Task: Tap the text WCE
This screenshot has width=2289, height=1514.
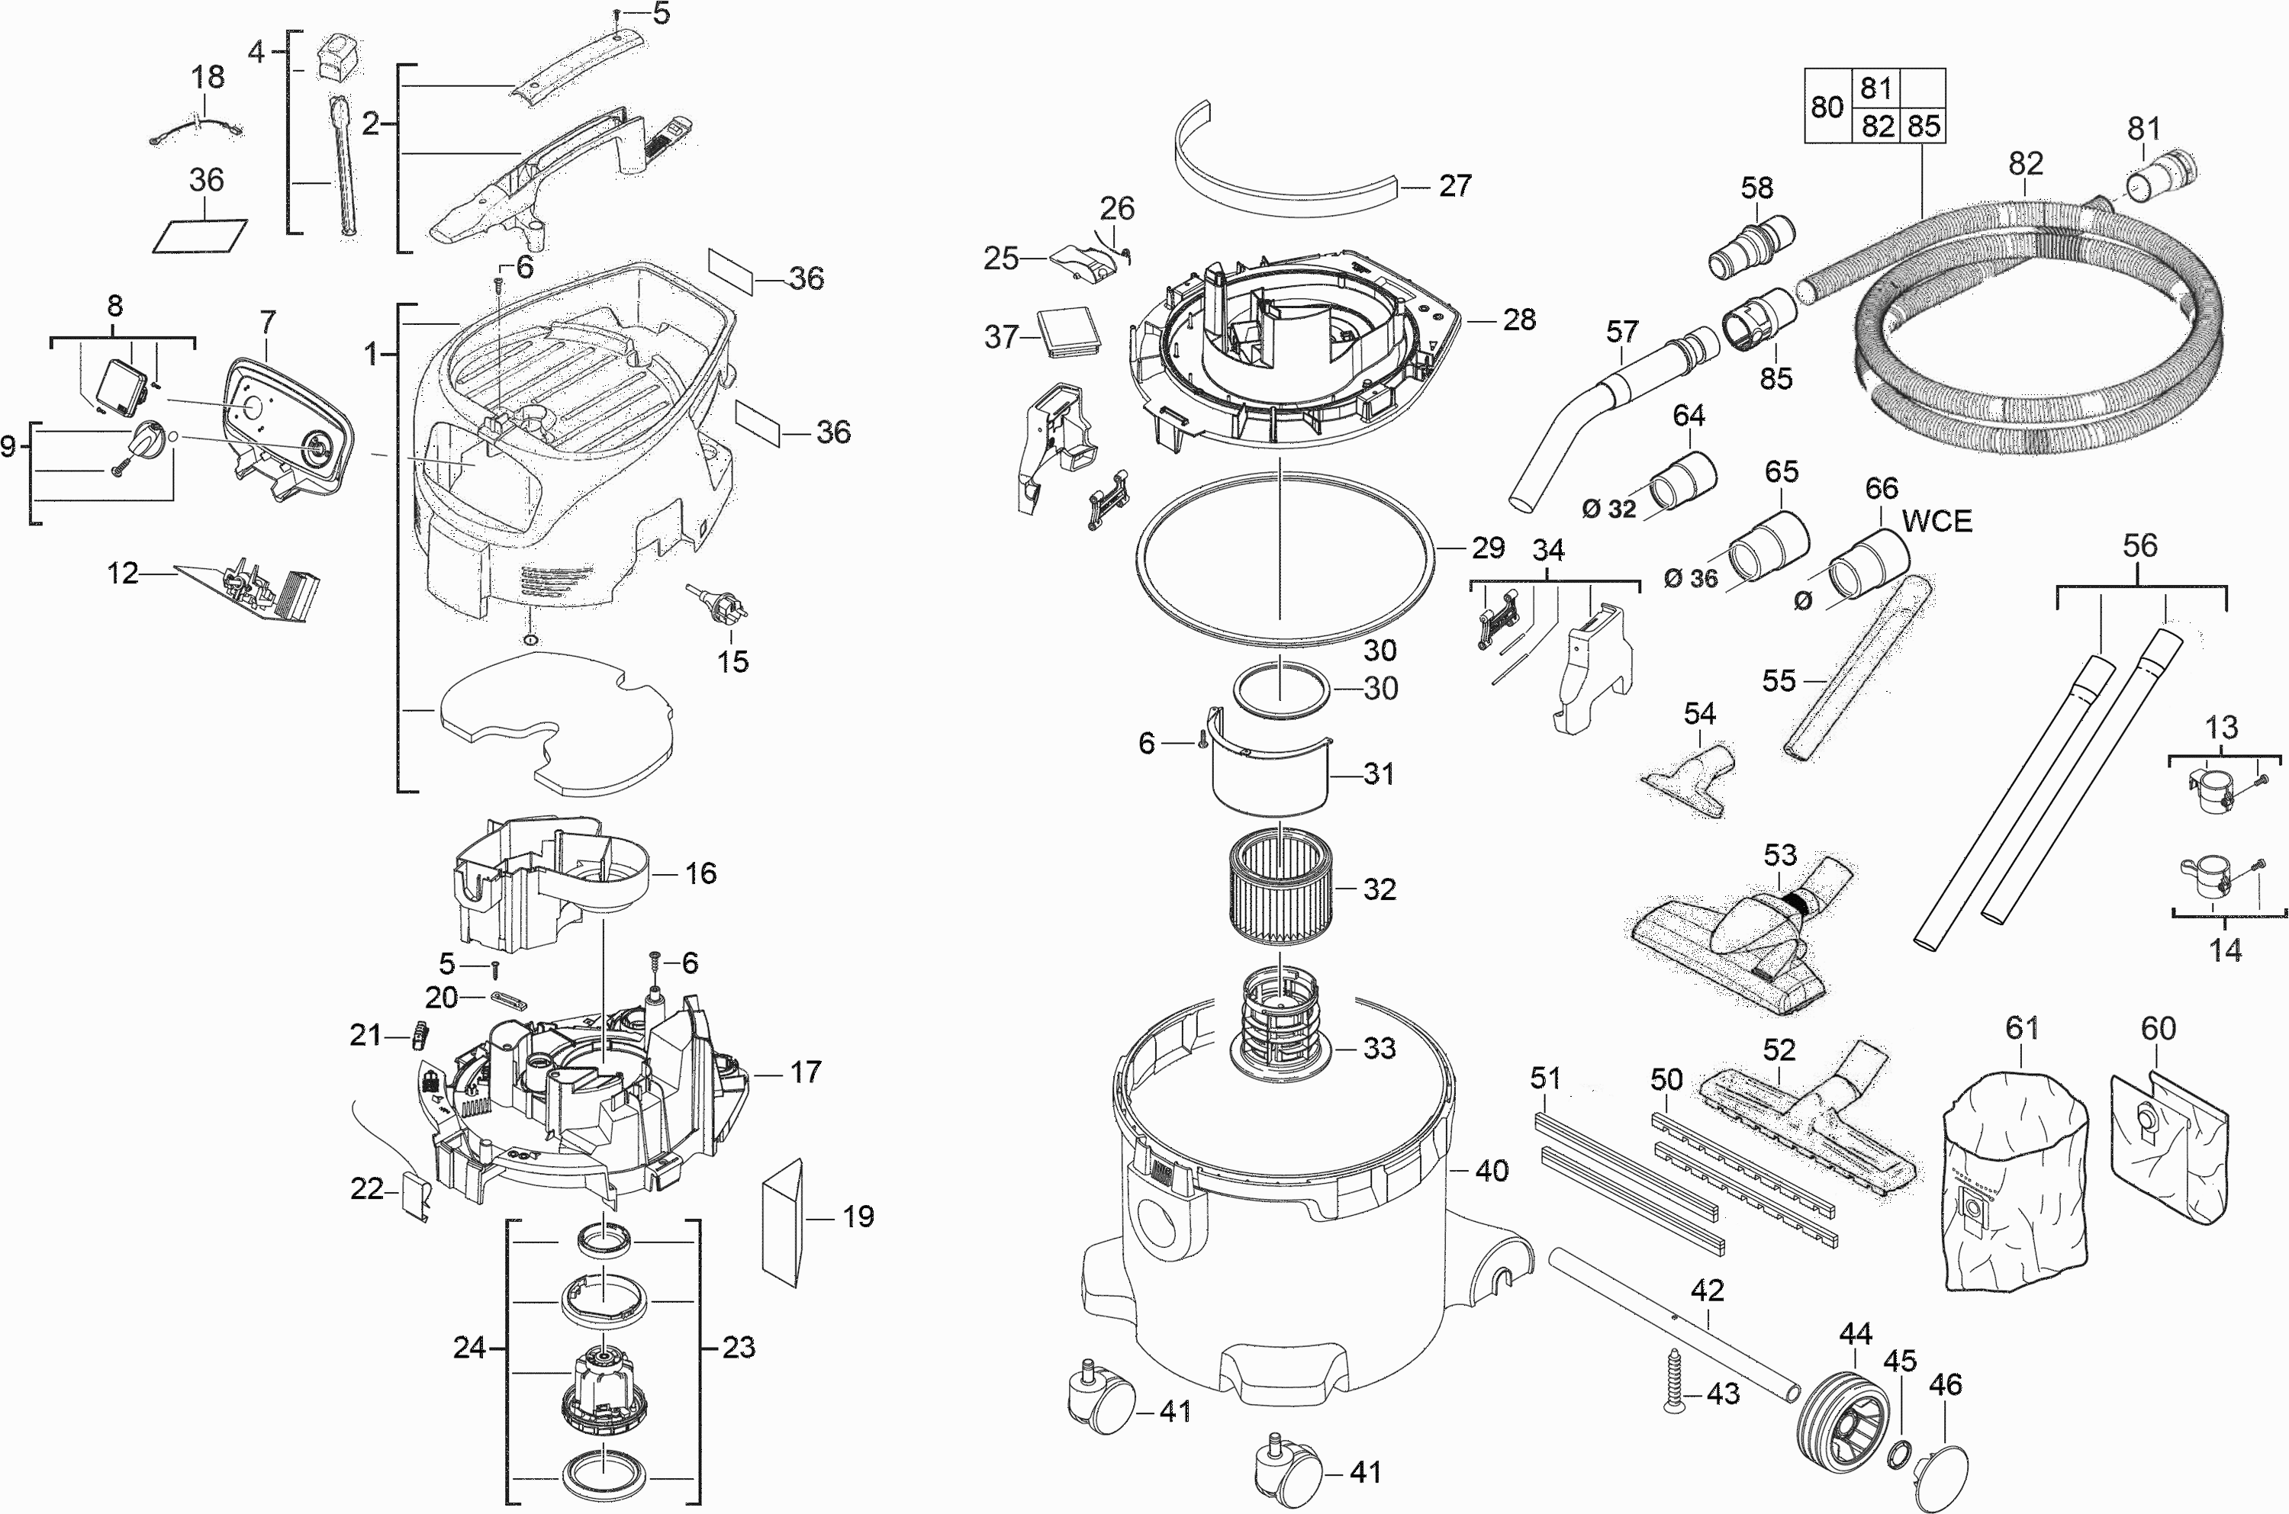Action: [1936, 522]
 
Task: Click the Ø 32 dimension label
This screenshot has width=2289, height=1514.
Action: [1609, 508]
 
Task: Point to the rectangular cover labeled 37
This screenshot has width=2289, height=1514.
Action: [1068, 333]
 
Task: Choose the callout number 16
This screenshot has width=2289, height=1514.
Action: [700, 874]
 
